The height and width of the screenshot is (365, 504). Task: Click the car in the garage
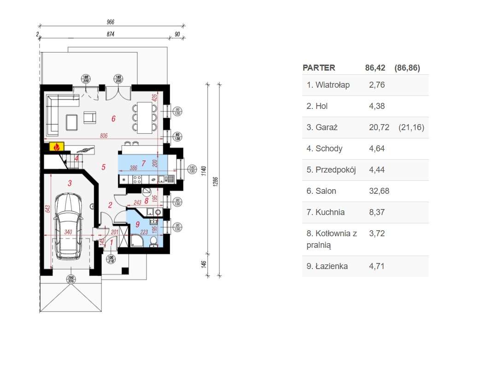[69, 226]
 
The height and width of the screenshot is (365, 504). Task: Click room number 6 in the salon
[113, 119]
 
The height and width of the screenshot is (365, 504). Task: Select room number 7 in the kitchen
[144, 163]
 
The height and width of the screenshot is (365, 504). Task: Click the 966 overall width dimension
[110, 22]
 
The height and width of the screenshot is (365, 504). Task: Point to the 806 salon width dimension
[104, 136]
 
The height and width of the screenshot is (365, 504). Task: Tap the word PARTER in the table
[319, 68]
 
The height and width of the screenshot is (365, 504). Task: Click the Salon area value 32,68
[379, 191]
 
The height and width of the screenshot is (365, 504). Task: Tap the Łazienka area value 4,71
[377, 266]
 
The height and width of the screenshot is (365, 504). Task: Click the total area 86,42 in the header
[375, 68]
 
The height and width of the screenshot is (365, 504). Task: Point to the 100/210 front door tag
[111, 258]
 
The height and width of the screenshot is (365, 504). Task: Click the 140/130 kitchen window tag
[192, 169]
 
